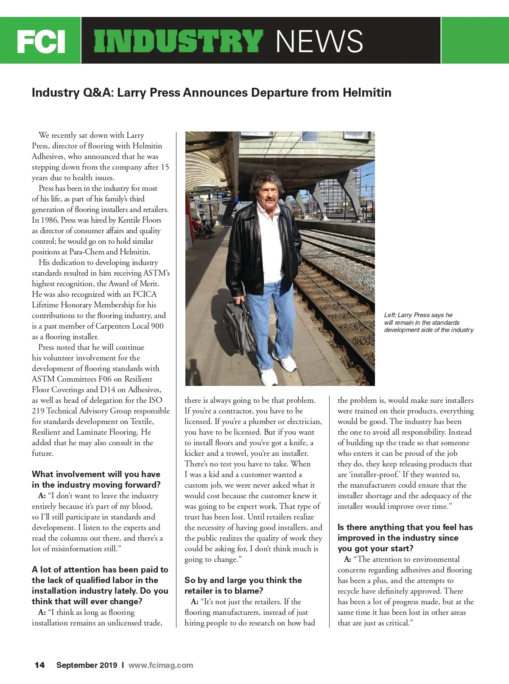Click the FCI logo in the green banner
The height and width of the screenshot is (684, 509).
click(41, 41)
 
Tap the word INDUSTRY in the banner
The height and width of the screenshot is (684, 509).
click(177, 41)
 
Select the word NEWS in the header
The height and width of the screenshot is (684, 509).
click(319, 41)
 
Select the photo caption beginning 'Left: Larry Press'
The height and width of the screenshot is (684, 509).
click(428, 322)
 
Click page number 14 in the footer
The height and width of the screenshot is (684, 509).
click(39, 665)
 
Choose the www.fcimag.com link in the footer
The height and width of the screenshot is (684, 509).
click(160, 665)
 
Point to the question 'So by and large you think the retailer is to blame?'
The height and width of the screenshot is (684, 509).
click(243, 585)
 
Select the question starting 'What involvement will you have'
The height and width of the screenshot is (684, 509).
click(96, 479)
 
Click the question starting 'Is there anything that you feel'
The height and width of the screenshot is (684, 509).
click(405, 538)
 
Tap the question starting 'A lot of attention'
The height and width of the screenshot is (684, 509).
click(100, 585)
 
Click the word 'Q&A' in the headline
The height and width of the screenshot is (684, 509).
click(95, 92)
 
